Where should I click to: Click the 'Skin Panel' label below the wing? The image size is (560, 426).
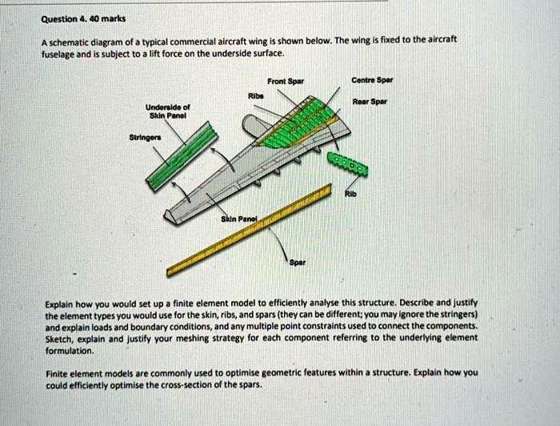(x=238, y=218)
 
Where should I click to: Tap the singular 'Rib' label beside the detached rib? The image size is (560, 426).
(x=349, y=192)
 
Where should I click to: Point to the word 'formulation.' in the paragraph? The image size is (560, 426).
(x=70, y=350)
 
